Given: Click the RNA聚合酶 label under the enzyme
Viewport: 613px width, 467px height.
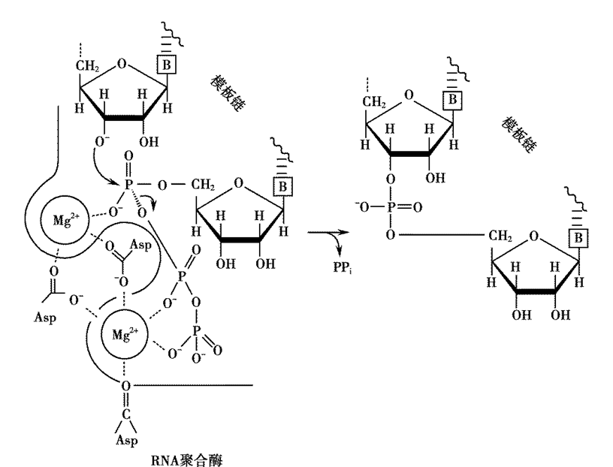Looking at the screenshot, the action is (x=186, y=459).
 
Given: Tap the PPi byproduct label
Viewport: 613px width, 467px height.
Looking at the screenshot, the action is (x=343, y=267).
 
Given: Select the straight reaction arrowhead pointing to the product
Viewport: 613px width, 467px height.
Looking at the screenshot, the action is (x=343, y=232).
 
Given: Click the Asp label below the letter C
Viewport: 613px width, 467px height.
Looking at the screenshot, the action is (x=127, y=440).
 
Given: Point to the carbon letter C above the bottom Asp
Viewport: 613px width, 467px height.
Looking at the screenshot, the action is (x=126, y=414).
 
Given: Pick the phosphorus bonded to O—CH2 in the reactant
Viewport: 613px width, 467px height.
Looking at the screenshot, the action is (x=128, y=184).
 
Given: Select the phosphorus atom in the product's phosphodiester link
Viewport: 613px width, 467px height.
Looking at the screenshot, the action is (x=390, y=206).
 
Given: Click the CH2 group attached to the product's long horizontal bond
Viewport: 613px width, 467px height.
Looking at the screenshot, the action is (x=500, y=236).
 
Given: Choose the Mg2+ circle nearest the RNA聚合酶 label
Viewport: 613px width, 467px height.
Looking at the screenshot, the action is (x=125, y=335).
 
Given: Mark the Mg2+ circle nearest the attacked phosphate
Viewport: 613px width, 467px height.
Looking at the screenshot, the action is (x=65, y=220).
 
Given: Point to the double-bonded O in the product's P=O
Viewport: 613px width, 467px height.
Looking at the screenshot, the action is (x=418, y=207).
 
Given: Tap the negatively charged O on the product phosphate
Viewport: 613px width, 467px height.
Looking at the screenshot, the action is (x=362, y=206).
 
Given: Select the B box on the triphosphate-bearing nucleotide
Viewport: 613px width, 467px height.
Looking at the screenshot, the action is (x=282, y=186).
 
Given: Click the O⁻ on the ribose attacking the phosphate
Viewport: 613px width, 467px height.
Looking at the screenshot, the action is (x=102, y=141).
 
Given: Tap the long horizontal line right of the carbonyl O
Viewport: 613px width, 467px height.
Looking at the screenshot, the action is (x=192, y=385).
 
